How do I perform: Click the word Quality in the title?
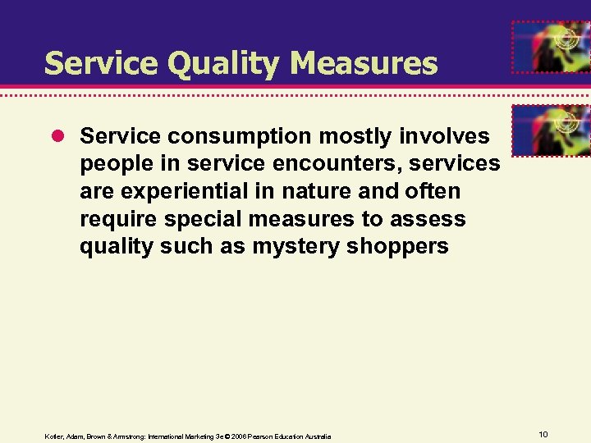click(x=212, y=64)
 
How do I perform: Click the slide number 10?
click(x=543, y=433)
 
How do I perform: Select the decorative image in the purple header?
click(x=550, y=48)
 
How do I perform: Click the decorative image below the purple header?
click(x=550, y=130)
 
